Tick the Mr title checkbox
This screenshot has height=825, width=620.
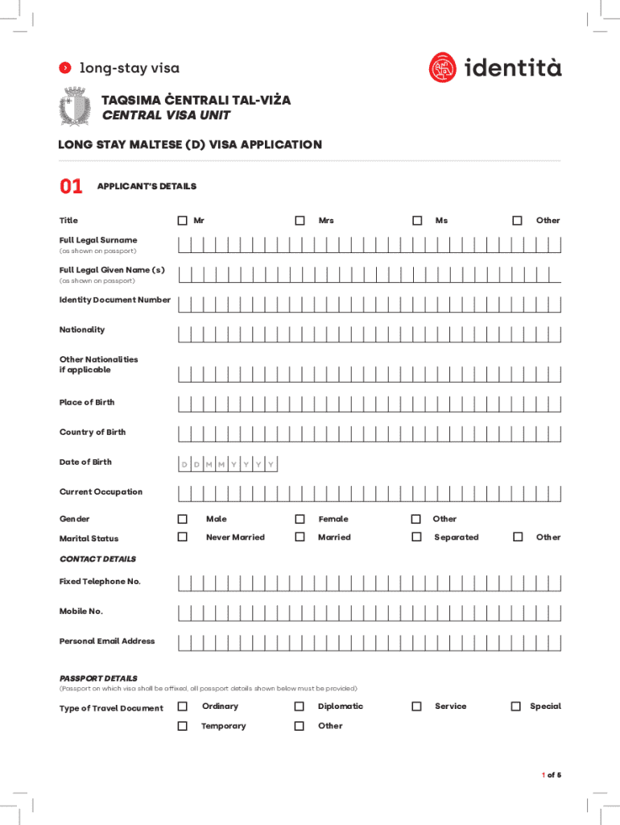point(183,220)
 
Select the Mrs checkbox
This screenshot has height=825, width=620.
point(300,220)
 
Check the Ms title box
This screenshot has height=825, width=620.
point(417,220)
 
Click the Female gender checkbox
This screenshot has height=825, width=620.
point(300,519)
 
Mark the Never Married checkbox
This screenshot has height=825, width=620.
point(183,537)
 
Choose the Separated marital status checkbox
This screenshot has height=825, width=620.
point(416,537)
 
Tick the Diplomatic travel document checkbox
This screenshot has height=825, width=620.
point(300,706)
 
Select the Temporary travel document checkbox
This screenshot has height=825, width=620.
point(183,726)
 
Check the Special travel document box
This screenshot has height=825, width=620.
point(517,706)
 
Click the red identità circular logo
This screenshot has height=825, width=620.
point(443,68)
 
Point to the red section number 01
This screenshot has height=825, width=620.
point(71,187)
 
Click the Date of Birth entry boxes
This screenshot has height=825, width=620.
point(228,465)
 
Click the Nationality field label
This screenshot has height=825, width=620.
point(82,330)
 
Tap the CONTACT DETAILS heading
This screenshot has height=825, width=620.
point(97,558)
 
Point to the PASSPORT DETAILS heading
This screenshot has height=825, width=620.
point(98,678)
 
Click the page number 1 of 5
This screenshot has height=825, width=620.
point(551,775)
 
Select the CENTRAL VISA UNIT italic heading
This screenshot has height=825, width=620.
point(166,115)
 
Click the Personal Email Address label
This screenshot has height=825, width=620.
point(107,641)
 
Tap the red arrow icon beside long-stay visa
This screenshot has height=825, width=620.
point(66,68)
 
